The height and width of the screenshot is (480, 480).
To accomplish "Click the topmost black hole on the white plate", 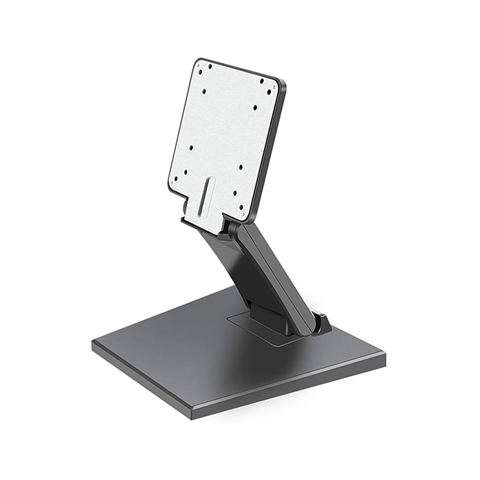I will point(210,66).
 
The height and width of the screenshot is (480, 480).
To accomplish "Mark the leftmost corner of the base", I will point(93,344).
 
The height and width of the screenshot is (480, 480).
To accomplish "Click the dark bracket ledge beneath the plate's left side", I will point(198,223).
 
